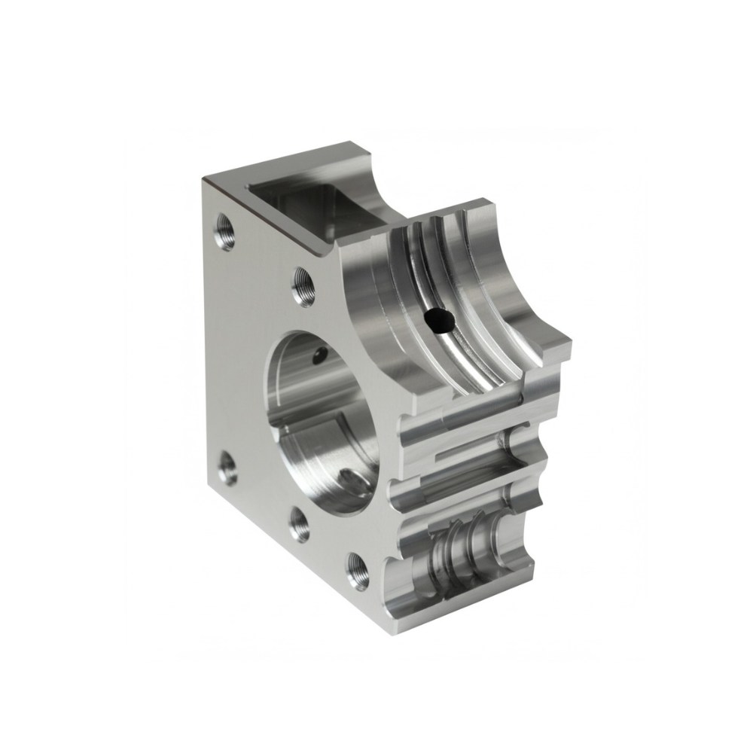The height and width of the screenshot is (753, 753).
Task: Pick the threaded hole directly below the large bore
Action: (300, 524)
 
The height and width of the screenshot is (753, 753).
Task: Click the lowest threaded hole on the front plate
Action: (355, 570)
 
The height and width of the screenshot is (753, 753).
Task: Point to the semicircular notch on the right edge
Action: (536, 493)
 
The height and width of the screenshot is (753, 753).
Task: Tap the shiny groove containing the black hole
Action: (452, 339)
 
